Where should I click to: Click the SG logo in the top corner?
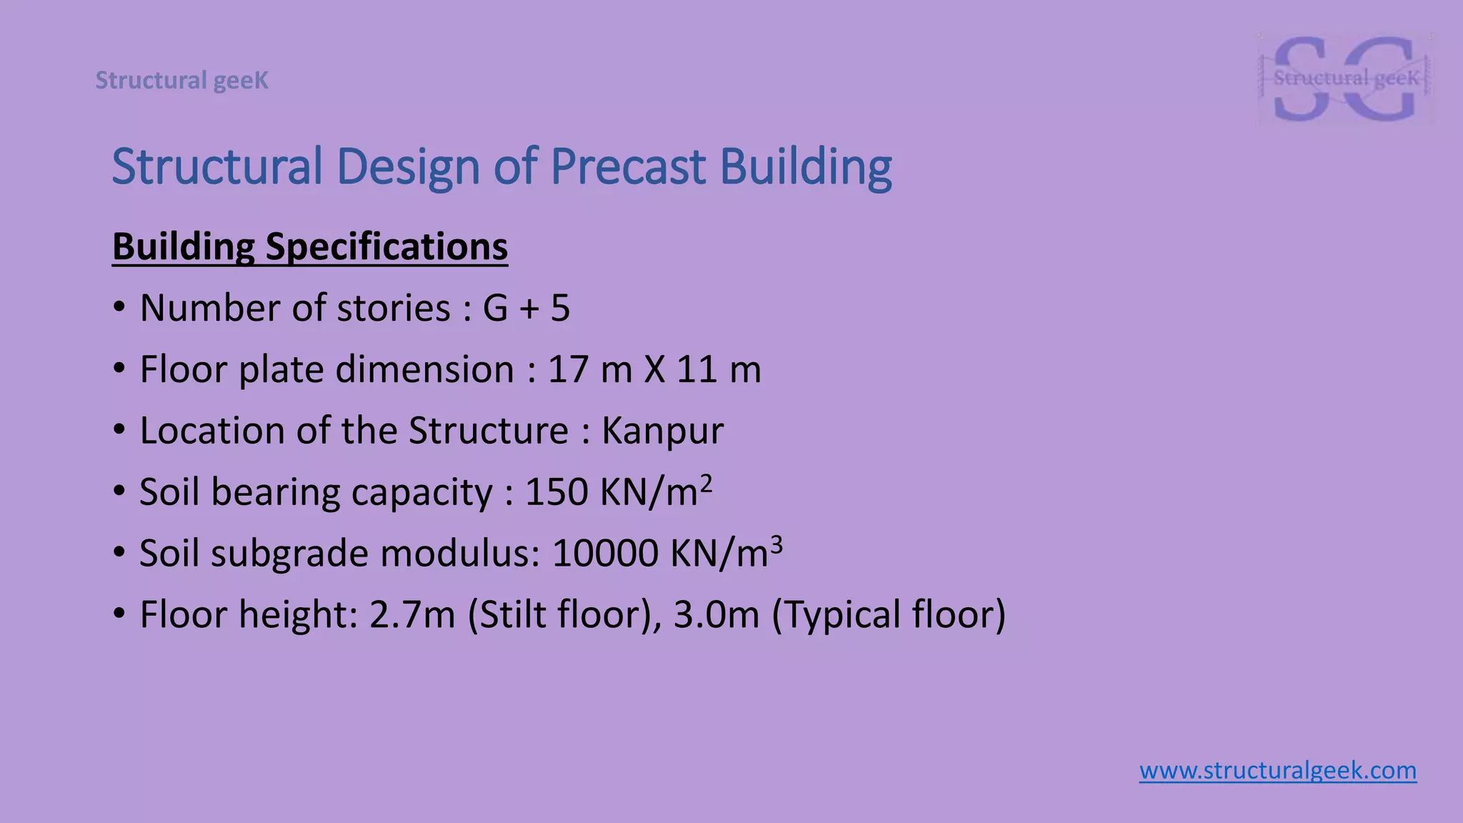pyautogui.click(x=1345, y=79)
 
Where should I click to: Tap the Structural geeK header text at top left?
pyautogui.click(x=182, y=81)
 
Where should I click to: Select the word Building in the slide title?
pyautogui.click(x=805, y=166)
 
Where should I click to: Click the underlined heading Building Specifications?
pyautogui.click(x=310, y=246)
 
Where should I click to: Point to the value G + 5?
pyautogui.click(x=526, y=309)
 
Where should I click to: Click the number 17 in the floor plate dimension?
pyautogui.click(x=566, y=370)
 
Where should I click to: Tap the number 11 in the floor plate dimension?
pyautogui.click(x=696, y=370)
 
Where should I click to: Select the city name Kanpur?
pyautogui.click(x=662, y=432)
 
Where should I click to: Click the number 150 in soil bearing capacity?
pyautogui.click(x=556, y=493)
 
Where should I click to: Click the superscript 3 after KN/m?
pyautogui.click(x=777, y=545)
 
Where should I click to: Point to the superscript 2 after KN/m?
pyautogui.click(x=706, y=484)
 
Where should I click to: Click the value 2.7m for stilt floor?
pyautogui.click(x=412, y=615)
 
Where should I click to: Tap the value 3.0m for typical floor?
pyautogui.click(x=716, y=615)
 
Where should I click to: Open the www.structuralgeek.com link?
pyautogui.click(x=1277, y=771)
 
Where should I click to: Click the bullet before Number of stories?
pyautogui.click(x=119, y=309)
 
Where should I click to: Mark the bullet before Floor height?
pyautogui.click(x=119, y=615)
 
